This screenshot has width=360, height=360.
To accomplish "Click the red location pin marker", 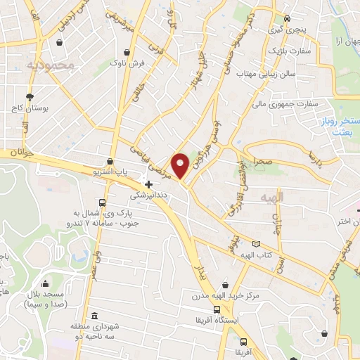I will tap(181, 165).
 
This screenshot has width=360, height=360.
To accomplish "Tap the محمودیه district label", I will tap(50, 65).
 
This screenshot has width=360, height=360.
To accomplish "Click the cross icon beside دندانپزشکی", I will tap(148, 184).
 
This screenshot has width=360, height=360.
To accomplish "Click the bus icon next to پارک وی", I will tap(103, 203).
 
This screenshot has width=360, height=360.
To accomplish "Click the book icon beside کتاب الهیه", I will tap(255, 244).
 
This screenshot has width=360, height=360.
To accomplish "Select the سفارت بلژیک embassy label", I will tap(285, 51).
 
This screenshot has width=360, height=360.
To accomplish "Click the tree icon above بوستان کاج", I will tap(29, 97).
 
